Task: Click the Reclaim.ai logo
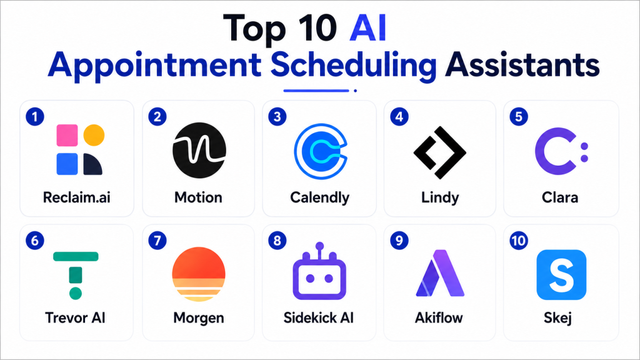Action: click(x=80, y=149)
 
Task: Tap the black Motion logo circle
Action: click(x=199, y=150)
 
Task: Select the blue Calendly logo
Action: click(x=321, y=151)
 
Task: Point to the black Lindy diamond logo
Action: click(x=439, y=152)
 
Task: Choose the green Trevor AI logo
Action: click(x=76, y=276)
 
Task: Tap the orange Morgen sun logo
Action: click(x=199, y=274)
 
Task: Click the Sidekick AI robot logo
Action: click(x=319, y=271)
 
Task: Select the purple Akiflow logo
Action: click(x=440, y=272)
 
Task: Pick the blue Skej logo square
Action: click(x=561, y=275)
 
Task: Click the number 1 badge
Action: click(x=35, y=117)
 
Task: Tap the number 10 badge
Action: click(x=519, y=241)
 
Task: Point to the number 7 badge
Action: click(x=157, y=241)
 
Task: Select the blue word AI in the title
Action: click(x=367, y=28)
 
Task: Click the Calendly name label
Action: click(x=319, y=198)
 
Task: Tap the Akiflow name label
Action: click(x=439, y=317)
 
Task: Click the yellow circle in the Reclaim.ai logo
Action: click(x=94, y=135)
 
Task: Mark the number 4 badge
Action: click(x=399, y=117)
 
